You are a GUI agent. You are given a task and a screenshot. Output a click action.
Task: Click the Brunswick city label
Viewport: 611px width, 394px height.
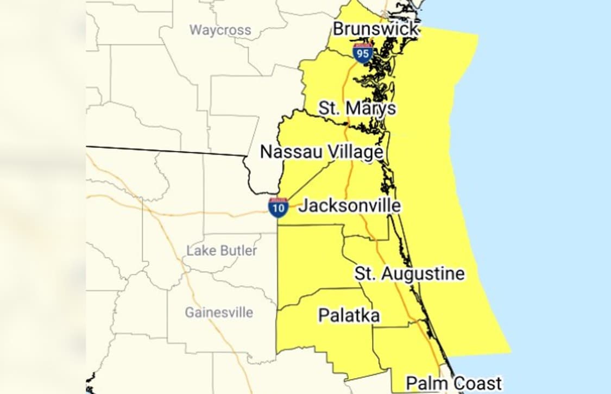coord(376,28)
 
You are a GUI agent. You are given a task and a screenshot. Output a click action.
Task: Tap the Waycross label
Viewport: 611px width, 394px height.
coord(220,30)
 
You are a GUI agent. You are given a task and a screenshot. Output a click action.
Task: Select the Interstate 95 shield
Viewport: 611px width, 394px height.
coord(362,53)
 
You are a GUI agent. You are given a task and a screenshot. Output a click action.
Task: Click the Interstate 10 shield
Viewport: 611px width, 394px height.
coord(278,208)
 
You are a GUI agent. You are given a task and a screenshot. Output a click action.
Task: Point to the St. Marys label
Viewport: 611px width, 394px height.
coord(357,108)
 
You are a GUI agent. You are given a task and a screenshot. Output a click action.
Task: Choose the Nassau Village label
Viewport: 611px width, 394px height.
coord(322,152)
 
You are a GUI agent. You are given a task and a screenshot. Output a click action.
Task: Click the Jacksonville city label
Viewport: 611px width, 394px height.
coord(350,205)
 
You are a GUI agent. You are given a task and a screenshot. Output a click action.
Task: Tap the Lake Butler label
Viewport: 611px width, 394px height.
coord(222,251)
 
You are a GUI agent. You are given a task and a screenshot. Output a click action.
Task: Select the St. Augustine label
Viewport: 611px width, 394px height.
coord(410,273)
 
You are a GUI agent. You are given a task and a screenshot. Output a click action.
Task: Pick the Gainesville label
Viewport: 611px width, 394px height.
coord(219,312)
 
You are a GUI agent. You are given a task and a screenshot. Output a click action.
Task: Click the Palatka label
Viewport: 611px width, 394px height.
coord(349,315)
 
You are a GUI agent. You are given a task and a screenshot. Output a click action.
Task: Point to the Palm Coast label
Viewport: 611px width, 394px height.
coord(454,383)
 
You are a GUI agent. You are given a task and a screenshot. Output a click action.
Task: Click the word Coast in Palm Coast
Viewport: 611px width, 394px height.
coord(477,383)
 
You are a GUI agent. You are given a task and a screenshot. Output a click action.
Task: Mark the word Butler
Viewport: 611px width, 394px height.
coord(238,251)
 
